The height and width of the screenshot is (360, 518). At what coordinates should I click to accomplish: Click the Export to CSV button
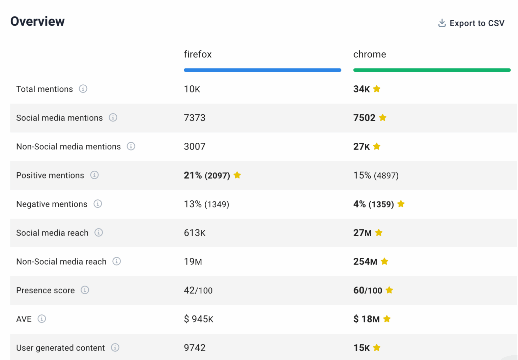point(471,23)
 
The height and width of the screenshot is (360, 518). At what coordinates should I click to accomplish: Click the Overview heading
point(37,21)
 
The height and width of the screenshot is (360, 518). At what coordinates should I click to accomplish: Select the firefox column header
point(198,54)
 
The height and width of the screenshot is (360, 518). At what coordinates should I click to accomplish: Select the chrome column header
point(369,54)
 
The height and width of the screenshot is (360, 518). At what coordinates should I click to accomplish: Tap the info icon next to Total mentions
point(83,89)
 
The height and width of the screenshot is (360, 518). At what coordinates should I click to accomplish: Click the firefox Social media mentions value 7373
point(195,118)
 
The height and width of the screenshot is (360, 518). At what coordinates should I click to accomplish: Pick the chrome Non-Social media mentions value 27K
point(362,146)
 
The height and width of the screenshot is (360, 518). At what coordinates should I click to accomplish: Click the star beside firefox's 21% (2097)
point(237,175)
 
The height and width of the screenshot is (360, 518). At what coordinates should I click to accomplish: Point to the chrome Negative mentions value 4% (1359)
point(373,204)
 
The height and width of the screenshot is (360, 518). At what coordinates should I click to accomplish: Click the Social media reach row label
point(52,233)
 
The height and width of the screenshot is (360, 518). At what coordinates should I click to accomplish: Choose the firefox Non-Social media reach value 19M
point(193,261)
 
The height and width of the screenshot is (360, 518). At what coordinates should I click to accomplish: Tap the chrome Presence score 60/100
point(368,290)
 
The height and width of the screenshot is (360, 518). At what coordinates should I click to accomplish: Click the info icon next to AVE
point(42,319)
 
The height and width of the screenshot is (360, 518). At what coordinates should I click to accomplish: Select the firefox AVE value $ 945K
point(199,319)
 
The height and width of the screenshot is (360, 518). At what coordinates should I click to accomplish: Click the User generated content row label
point(60,348)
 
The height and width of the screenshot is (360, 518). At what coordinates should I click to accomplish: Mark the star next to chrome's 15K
point(377,348)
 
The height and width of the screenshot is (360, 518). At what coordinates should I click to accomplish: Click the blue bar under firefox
point(262,70)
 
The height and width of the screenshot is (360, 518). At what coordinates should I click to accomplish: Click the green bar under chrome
point(432,70)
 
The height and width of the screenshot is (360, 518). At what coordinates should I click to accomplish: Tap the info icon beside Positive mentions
point(94,175)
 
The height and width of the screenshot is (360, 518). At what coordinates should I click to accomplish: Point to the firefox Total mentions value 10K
point(192,89)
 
